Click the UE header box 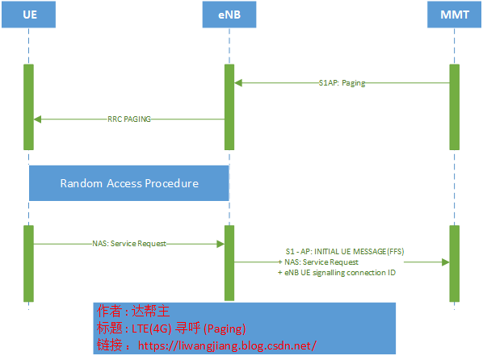pos(28,15)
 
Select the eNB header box pos(229,15)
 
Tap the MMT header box pos(454,15)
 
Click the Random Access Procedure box pos(129,183)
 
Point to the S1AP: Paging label pos(342,82)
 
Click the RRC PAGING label pos(129,119)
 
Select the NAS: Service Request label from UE pos(129,242)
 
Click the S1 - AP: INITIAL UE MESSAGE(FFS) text pos(345,252)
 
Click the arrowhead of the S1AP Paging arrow pos(238,82)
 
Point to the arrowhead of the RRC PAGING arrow pos(37,119)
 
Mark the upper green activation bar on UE pos(28,107)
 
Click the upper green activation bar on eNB pos(229,107)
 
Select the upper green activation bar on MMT pos(454,107)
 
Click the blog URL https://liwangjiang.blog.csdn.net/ pos(226,345)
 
